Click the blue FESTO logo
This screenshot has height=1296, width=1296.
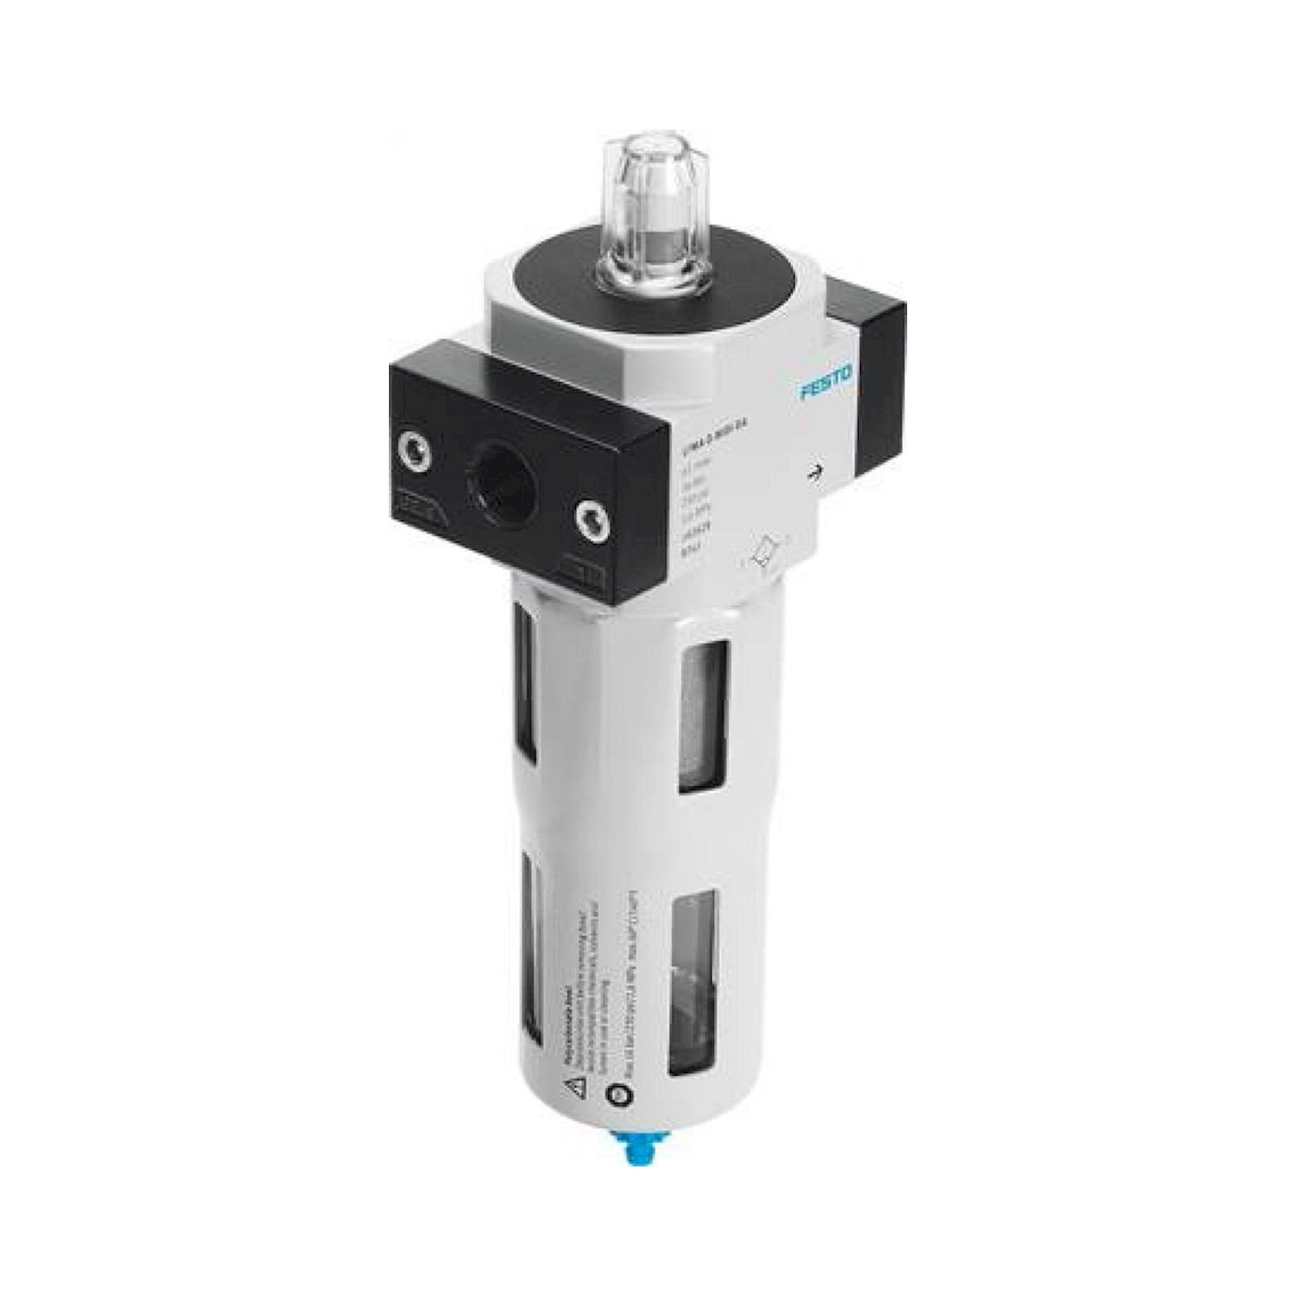pyautogui.click(x=826, y=384)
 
